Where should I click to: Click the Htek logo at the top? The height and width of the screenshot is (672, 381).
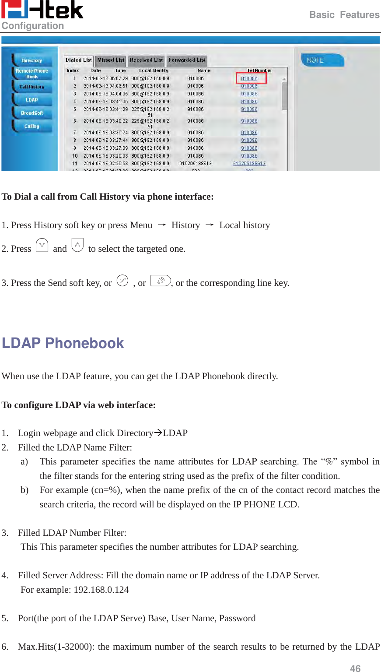tap(42, 10)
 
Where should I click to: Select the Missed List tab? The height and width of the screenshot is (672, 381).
tap(111, 60)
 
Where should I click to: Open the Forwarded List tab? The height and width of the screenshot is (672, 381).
tap(187, 60)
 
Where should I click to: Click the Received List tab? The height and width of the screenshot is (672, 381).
tap(146, 60)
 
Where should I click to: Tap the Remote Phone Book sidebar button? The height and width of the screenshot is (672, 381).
tap(32, 74)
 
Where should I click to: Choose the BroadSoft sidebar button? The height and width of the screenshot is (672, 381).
tap(32, 113)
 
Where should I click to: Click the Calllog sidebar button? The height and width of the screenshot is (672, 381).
tap(32, 126)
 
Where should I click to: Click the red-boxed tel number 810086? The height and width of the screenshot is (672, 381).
tap(249, 78)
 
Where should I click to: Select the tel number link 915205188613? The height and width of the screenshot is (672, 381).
tap(249, 163)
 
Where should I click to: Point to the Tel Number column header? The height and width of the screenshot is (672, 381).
tap(259, 70)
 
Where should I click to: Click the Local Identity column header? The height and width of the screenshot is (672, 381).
tap(154, 70)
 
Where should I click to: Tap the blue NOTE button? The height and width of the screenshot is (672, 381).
tap(322, 60)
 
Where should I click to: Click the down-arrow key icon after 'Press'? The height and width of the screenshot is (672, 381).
tap(42, 246)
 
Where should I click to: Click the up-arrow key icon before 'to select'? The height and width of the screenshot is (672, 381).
tap(77, 246)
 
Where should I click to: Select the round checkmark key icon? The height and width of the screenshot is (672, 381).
tap(122, 281)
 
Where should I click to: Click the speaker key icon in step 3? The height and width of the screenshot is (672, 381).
tap(160, 281)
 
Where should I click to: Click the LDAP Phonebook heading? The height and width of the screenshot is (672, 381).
tap(63, 343)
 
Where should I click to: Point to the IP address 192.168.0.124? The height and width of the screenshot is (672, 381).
tap(101, 590)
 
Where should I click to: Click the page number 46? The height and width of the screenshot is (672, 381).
tap(355, 668)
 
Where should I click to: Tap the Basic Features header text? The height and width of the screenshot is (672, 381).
tap(344, 15)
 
